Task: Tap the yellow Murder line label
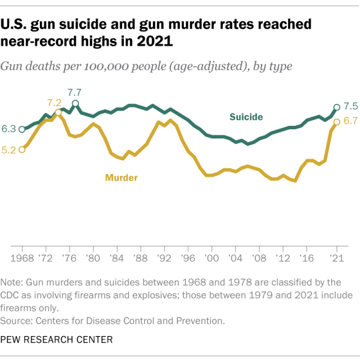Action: click(x=121, y=178)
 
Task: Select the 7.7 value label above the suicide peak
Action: click(x=75, y=92)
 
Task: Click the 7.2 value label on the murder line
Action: click(x=54, y=102)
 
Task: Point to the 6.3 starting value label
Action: click(x=8, y=129)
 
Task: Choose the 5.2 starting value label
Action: click(x=8, y=150)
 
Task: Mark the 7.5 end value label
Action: click(x=351, y=106)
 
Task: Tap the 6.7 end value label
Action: click(x=351, y=121)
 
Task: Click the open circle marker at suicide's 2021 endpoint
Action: click(x=336, y=107)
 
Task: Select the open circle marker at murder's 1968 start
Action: click(x=22, y=149)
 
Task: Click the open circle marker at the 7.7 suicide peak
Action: click(x=75, y=103)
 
